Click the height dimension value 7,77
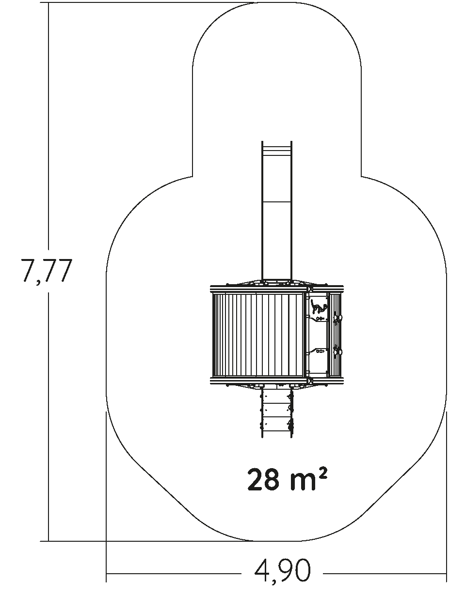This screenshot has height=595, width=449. [47, 270]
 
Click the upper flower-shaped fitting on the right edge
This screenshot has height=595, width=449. [337, 319]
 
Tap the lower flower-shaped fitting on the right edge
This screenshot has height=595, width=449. [337, 351]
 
